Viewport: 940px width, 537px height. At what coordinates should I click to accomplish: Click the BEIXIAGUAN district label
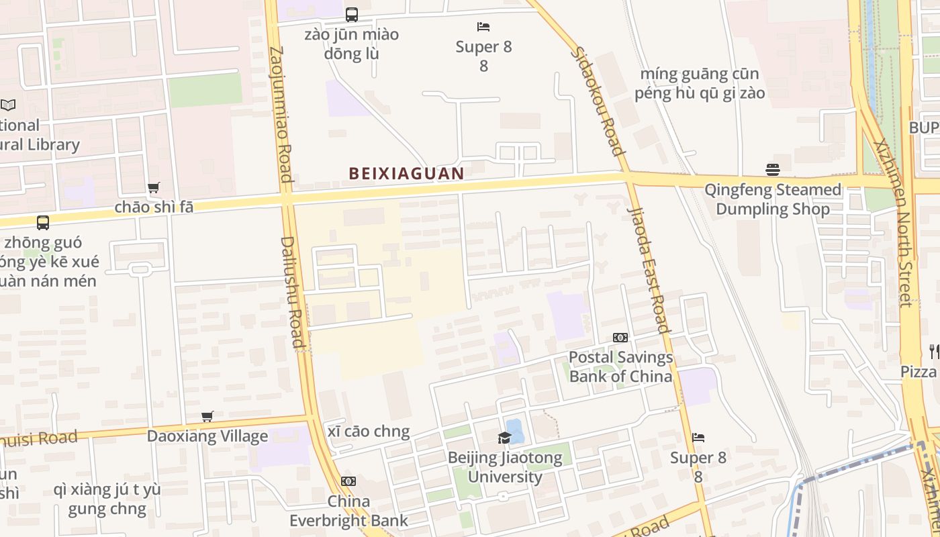coord(406,173)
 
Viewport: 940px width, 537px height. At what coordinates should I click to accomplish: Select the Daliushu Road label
coord(293,292)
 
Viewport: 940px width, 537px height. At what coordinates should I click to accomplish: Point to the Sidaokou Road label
coord(597,101)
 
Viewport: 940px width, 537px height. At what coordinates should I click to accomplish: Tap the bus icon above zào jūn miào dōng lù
coord(351,14)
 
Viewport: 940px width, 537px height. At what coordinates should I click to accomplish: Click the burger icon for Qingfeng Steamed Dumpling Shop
coord(772,169)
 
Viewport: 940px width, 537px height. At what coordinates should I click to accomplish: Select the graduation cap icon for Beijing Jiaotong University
coord(504,438)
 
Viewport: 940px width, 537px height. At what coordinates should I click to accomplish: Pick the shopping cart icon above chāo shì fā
coord(154,188)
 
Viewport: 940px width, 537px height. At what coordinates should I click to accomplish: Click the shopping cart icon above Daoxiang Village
coord(207,417)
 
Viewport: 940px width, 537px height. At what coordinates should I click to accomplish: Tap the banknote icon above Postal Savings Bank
coord(620,338)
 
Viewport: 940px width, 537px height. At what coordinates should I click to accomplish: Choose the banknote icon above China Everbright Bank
coord(348,481)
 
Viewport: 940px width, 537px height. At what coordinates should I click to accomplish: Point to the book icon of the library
coord(8,105)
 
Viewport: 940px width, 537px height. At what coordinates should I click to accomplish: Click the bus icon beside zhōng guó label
coord(43,223)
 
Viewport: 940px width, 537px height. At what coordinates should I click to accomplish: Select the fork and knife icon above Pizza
coord(934,351)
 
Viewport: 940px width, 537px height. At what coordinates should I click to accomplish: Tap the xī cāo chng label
coord(369,432)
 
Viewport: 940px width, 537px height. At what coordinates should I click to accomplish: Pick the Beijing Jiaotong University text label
coord(505,467)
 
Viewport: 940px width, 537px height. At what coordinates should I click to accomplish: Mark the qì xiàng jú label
coord(107,499)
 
